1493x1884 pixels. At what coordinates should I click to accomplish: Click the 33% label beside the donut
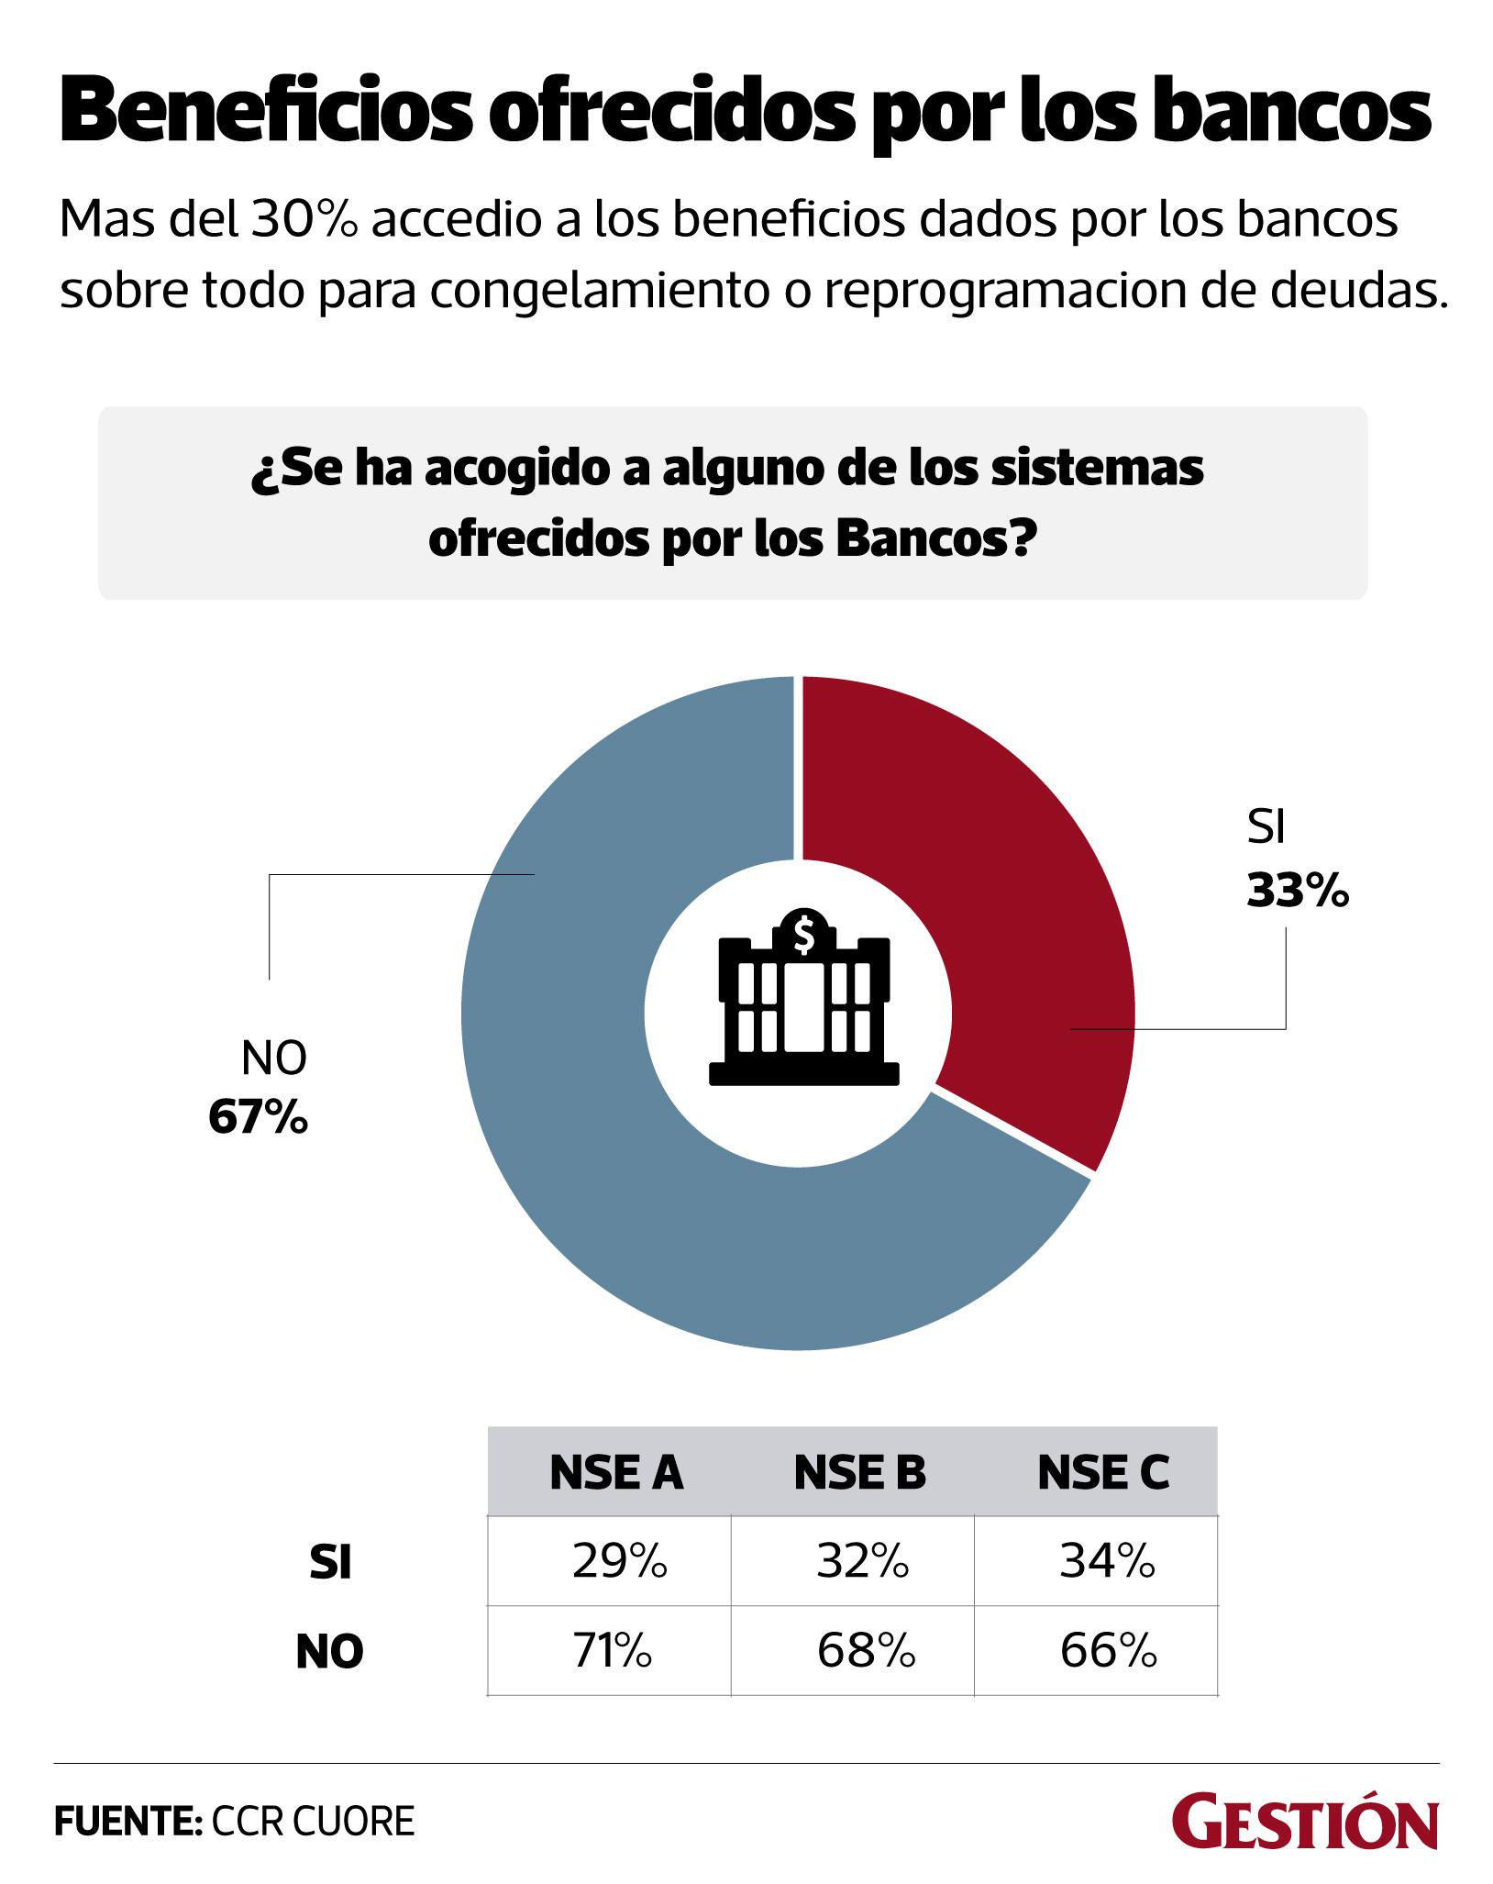tap(1297, 892)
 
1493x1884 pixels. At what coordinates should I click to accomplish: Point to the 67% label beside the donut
tap(258, 1117)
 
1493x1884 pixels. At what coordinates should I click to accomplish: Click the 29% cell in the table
tap(619, 1562)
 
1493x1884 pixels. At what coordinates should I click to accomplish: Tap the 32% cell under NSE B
tap(863, 1562)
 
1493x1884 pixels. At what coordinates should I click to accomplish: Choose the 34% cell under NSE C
tap(1107, 1562)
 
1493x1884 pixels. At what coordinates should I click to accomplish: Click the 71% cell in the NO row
tap(614, 1651)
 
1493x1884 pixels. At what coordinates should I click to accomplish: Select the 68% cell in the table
tap(866, 1651)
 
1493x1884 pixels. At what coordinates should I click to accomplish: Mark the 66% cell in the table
tap(1108, 1651)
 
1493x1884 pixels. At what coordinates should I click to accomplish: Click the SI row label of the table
tap(330, 1564)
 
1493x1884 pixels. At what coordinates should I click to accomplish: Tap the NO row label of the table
tap(330, 1652)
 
